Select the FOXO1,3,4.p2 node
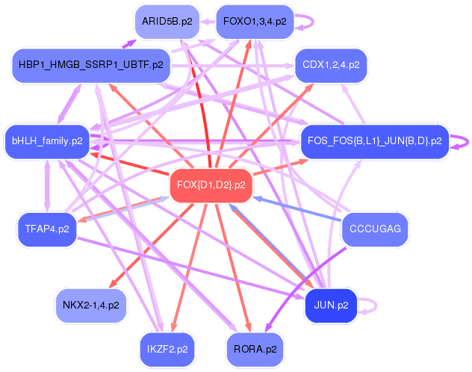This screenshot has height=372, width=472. point(254,22)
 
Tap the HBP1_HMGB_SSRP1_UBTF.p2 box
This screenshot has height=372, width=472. point(90,66)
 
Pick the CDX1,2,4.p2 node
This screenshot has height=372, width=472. point(330,65)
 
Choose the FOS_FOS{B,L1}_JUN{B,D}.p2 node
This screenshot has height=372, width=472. point(374,140)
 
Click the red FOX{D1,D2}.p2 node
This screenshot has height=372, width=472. point(212,185)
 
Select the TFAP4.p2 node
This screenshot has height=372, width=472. point(47,229)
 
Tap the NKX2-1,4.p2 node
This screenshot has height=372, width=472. point(90,305)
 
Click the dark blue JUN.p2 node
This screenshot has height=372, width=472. point(332,305)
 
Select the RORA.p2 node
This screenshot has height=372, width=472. point(255,348)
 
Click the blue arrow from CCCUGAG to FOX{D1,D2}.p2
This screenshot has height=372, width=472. point(299,208)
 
